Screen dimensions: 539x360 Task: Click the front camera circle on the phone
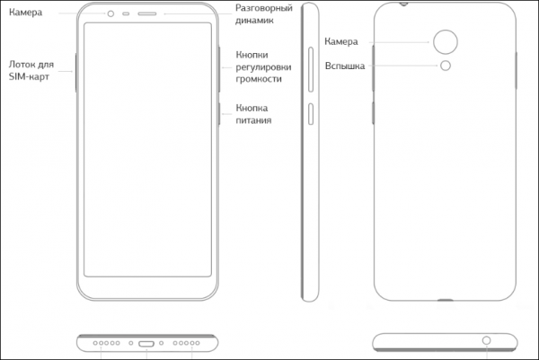(110, 13)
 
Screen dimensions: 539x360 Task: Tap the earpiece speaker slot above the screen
(147, 13)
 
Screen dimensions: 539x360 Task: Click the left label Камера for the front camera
(26, 13)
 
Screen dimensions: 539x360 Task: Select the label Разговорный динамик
(263, 13)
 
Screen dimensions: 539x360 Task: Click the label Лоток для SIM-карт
(31, 70)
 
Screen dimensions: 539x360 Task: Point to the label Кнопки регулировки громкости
(263, 67)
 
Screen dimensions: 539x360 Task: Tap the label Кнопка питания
(253, 114)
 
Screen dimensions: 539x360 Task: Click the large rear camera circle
(446, 42)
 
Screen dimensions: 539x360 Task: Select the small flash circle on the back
(446, 66)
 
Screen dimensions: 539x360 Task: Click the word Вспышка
(345, 66)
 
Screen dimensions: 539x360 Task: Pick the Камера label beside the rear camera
(341, 41)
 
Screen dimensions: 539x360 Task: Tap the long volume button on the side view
(311, 69)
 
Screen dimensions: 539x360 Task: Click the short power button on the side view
(311, 114)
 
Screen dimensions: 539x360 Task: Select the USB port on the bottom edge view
(146, 344)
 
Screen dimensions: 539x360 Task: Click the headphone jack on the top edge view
(486, 340)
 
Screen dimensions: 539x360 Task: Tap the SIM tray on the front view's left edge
(75, 73)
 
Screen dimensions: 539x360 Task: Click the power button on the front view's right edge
(219, 114)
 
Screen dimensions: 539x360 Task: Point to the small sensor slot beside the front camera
(126, 13)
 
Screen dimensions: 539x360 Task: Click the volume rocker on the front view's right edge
(219, 69)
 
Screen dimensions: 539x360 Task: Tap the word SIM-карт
(29, 76)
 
